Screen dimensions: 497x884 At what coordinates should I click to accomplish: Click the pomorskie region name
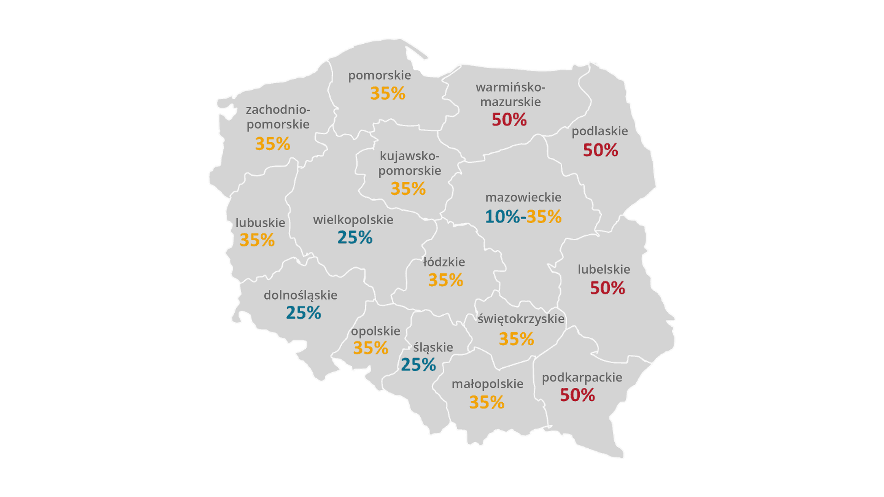tap(379, 75)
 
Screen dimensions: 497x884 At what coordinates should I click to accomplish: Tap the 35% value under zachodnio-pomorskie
tap(273, 144)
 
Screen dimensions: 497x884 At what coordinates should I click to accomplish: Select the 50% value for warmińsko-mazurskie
tap(509, 120)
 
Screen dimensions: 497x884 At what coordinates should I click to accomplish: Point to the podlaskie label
tap(599, 131)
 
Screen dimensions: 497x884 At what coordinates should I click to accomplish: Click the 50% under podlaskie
tap(600, 150)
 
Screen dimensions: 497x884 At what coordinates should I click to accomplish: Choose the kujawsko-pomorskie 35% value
tap(408, 189)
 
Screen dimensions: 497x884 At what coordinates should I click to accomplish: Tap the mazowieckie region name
tap(523, 197)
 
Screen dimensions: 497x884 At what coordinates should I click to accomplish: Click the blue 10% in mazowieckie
tap(502, 217)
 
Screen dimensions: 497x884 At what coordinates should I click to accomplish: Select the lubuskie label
tap(260, 223)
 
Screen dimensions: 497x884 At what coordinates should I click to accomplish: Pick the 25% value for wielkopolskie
tap(355, 237)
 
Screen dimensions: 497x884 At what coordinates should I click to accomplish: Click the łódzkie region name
tap(444, 262)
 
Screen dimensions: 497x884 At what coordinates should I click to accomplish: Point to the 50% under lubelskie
tap(607, 288)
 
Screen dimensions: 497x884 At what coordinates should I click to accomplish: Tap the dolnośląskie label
tap(300, 295)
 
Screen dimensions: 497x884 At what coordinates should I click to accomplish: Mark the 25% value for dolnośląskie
tap(303, 313)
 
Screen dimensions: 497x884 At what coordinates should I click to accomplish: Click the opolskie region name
tap(375, 331)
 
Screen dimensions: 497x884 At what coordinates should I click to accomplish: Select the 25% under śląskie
tap(418, 365)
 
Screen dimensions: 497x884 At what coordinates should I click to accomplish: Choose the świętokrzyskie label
tap(521, 319)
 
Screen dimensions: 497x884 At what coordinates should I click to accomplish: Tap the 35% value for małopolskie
tap(487, 403)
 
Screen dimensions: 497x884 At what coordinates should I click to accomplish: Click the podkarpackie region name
tap(582, 378)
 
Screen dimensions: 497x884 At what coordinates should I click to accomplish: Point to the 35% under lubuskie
tap(257, 240)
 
